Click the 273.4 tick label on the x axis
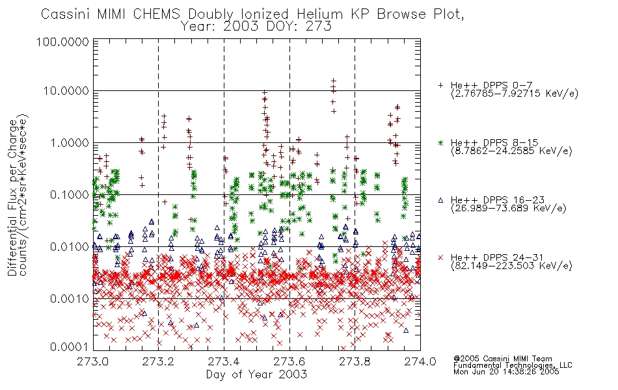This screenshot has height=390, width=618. click(x=224, y=361)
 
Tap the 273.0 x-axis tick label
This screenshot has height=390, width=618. click(x=93, y=361)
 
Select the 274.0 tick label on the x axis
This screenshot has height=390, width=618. click(x=420, y=361)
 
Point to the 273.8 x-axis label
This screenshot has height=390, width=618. click(x=355, y=361)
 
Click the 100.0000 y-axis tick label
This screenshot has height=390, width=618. click(x=62, y=42)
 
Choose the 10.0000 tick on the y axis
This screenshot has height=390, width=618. click(x=66, y=91)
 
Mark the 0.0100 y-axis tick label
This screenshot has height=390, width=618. click(x=70, y=247)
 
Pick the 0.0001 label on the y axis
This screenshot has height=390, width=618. click(x=70, y=346)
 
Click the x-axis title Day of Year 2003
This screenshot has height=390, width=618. click(x=256, y=374)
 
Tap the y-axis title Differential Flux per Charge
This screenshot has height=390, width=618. click(x=13, y=198)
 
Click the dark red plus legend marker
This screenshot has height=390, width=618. click(x=440, y=85)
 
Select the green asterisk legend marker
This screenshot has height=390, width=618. click(x=440, y=142)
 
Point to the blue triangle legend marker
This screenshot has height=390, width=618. click(x=440, y=200)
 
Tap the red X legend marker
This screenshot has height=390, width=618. click(x=440, y=257)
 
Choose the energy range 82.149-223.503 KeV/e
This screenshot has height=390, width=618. click(x=511, y=266)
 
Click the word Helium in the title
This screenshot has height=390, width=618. click(x=319, y=14)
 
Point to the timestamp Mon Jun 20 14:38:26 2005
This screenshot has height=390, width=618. click(x=506, y=372)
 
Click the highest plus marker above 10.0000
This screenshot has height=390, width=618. click(x=334, y=81)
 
